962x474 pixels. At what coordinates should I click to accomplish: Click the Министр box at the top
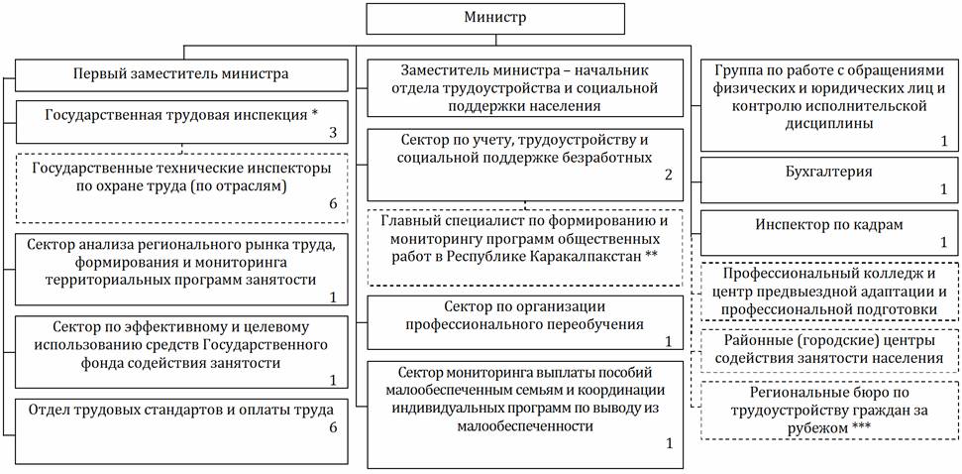[x=495, y=18]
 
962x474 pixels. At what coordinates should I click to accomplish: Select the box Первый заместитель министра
[x=180, y=73]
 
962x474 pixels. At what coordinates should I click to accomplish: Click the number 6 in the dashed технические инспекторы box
[x=333, y=204]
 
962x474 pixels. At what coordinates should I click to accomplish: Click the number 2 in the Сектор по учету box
[x=669, y=176]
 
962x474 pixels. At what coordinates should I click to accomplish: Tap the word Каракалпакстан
[x=572, y=257]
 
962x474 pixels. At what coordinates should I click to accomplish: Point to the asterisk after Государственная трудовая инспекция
[x=314, y=114]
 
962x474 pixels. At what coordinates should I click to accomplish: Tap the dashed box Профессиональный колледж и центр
[x=829, y=292]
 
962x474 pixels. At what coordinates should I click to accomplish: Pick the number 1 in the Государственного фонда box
[x=333, y=381]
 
